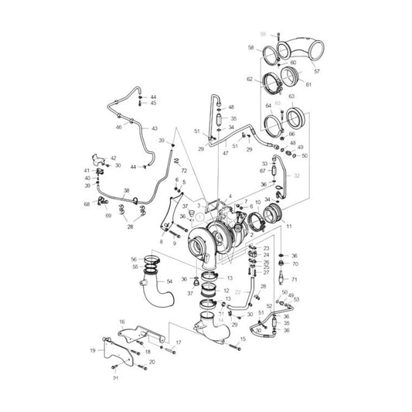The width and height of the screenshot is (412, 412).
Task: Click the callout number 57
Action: pyautogui.click(x=316, y=71)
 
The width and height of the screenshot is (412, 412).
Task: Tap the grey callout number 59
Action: pyautogui.click(x=263, y=35)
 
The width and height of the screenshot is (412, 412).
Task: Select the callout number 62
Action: pyautogui.click(x=250, y=80)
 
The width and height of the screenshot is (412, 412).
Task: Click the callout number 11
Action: pyautogui.click(x=289, y=228)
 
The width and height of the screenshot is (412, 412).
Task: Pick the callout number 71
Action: pyautogui.click(x=294, y=279)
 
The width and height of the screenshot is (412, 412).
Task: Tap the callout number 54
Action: pyautogui.click(x=169, y=282)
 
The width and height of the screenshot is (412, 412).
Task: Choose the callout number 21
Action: pyautogui.click(x=115, y=378)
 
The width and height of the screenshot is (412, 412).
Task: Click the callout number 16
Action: pyautogui.click(x=121, y=321)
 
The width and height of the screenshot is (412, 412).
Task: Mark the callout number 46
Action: pyautogui.click(x=118, y=126)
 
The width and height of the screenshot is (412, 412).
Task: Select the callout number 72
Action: pyautogui.click(x=184, y=170)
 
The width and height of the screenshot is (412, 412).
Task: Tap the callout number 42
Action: pyautogui.click(x=114, y=158)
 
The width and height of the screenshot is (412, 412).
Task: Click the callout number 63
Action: pyautogui.click(x=291, y=97)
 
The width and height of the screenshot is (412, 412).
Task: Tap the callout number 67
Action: pyautogui.click(x=263, y=171)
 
